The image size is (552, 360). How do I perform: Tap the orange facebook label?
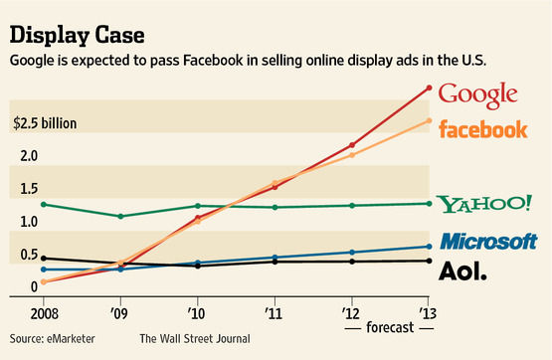tap(482, 128)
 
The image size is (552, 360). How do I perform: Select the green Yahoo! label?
tap(485, 204)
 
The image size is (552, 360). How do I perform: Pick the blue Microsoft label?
tap(488, 241)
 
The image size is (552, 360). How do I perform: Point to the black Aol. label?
tap(463, 270)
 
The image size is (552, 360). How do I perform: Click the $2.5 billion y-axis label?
tap(45, 125)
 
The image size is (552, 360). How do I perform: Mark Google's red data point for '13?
tap(429, 88)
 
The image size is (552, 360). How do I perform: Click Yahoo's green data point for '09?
tap(120, 216)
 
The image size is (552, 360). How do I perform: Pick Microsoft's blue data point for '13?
tap(429, 246)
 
